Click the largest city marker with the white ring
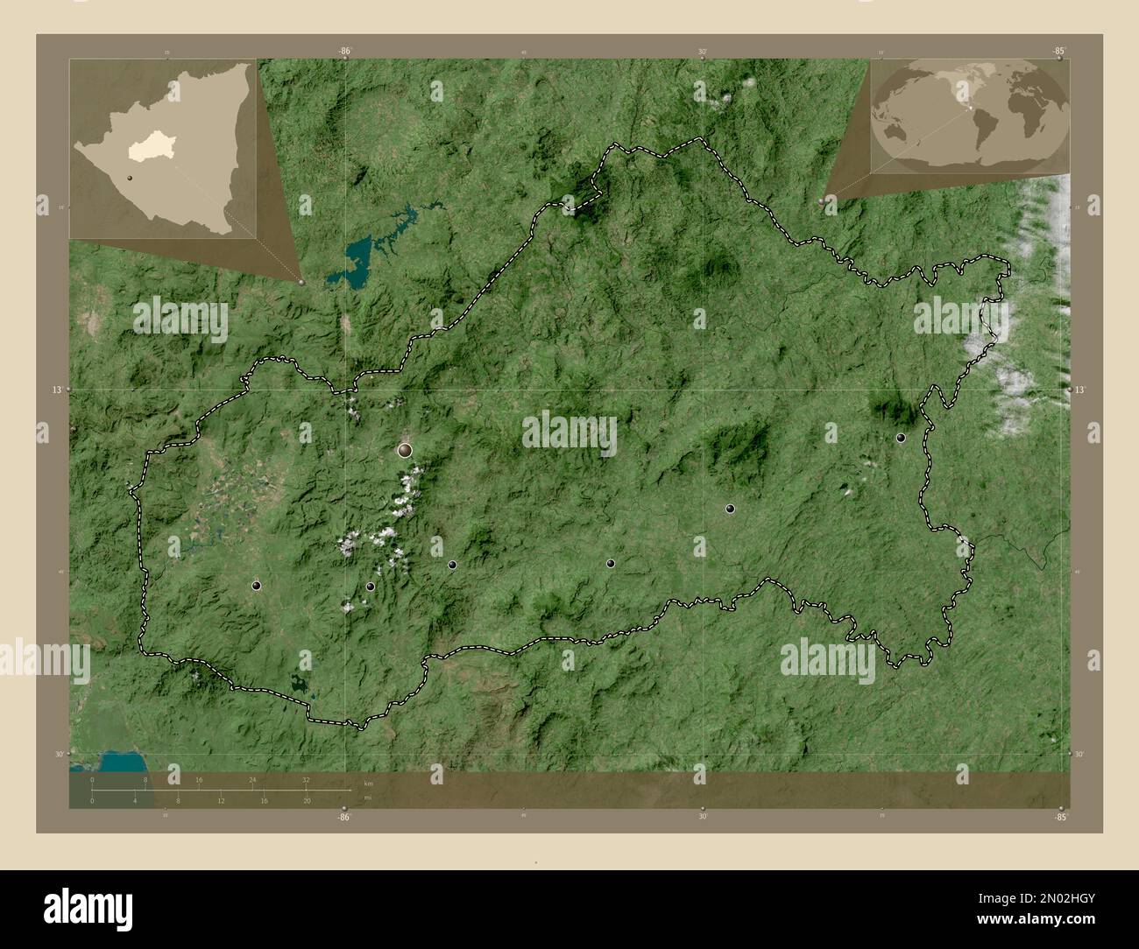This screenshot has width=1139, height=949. click(x=405, y=450)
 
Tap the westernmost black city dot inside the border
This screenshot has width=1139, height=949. click(x=256, y=586)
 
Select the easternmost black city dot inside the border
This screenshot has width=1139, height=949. click(x=900, y=438)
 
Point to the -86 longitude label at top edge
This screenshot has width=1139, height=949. click(x=344, y=52)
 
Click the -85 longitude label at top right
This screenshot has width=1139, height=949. click(x=1059, y=52)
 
